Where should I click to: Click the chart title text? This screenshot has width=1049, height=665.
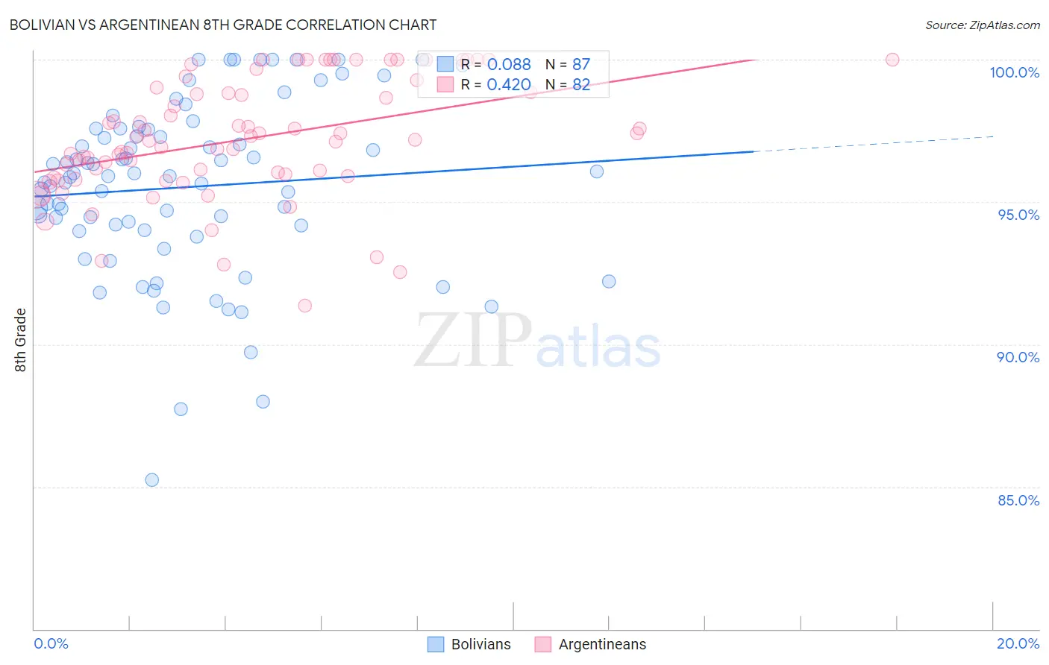pyautogui.click(x=223, y=25)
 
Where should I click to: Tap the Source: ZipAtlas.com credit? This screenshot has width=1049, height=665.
pyautogui.click(x=982, y=25)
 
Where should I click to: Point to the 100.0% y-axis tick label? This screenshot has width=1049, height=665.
pyautogui.click(x=1014, y=72)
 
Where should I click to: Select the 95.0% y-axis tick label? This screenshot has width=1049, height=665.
pyautogui.click(x=1018, y=215)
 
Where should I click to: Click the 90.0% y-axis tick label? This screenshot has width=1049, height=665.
pyautogui.click(x=1018, y=357)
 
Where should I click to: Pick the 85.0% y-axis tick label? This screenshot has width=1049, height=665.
pyautogui.click(x=1018, y=500)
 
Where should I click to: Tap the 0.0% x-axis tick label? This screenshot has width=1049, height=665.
pyautogui.click(x=51, y=643)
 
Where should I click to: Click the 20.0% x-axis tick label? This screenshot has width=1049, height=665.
pyautogui.click(x=1018, y=643)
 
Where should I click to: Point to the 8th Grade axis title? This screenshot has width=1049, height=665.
pyautogui.click(x=20, y=340)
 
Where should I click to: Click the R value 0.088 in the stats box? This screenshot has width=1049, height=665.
pyautogui.click(x=509, y=65)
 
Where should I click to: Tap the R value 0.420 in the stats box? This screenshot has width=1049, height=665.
pyautogui.click(x=509, y=85)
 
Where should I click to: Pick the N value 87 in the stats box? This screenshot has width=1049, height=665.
pyautogui.click(x=580, y=65)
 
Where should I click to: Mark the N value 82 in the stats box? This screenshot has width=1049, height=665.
pyautogui.click(x=580, y=85)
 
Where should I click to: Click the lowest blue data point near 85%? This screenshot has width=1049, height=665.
pyautogui.click(x=151, y=480)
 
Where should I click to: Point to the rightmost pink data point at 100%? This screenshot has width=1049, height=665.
pyautogui.click(x=892, y=60)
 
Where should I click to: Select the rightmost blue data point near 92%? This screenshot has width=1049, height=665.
pyautogui.click(x=609, y=282)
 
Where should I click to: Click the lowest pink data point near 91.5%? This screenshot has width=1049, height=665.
pyautogui.click(x=304, y=306)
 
